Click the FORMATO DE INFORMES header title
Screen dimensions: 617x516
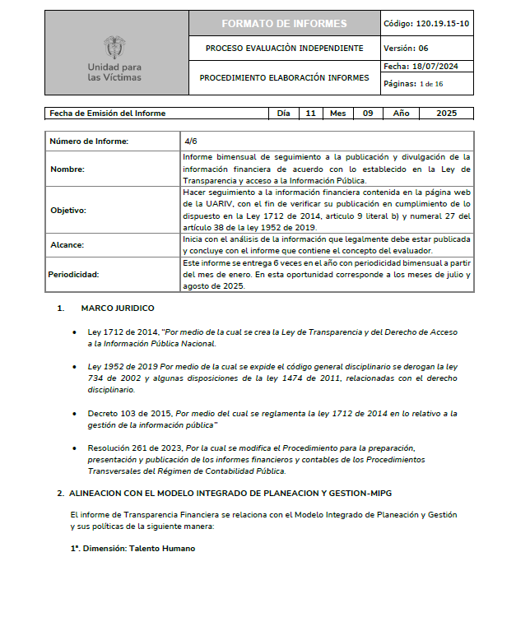click(x=284, y=23)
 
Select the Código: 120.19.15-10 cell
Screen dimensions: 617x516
click(x=426, y=23)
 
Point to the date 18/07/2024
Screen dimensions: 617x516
click(x=438, y=67)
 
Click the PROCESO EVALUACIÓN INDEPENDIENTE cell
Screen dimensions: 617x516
click(x=284, y=48)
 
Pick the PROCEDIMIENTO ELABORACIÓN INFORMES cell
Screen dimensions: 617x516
click(x=284, y=78)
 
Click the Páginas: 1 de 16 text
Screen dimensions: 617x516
click(x=413, y=83)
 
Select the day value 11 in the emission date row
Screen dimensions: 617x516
click(x=310, y=114)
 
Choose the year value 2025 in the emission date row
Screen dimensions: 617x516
click(x=446, y=114)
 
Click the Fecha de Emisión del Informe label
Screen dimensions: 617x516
click(x=108, y=114)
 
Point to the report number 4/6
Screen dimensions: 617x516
click(x=191, y=141)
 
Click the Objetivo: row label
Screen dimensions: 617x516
click(x=68, y=211)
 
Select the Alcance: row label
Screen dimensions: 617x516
click(x=67, y=244)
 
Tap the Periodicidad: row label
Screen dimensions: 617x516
click(x=75, y=274)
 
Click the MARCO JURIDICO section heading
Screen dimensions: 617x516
click(x=117, y=308)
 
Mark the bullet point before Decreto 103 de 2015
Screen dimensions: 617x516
click(x=76, y=413)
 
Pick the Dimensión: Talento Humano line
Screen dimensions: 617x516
click(x=133, y=548)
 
